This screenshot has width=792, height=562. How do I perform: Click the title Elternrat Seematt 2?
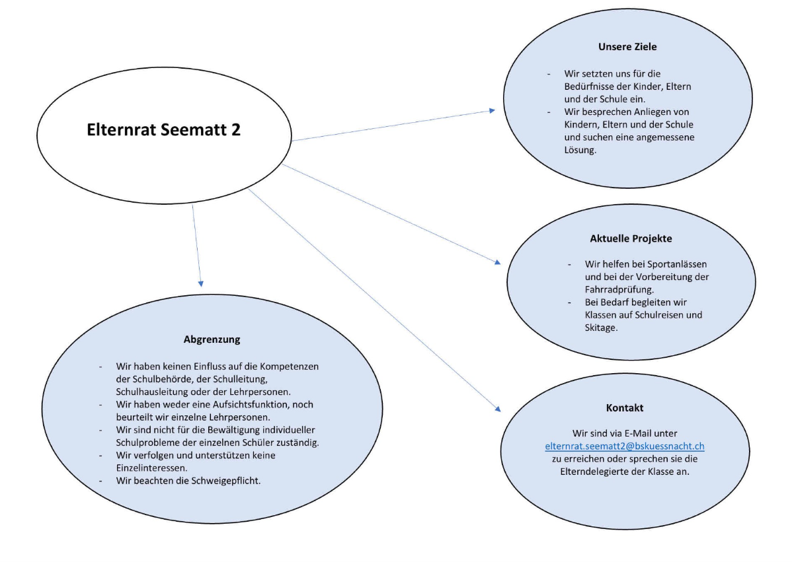(164, 129)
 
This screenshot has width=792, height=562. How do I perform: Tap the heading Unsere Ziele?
(627, 47)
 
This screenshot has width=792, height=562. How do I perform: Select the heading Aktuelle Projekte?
(631, 238)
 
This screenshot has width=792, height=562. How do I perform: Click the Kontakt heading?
(624, 407)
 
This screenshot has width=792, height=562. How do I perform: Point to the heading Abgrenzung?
(212, 339)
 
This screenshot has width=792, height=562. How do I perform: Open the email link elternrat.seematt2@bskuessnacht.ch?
(624, 446)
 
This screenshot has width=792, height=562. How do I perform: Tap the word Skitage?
(601, 328)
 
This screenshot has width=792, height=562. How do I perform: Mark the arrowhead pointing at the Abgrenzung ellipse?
(200, 284)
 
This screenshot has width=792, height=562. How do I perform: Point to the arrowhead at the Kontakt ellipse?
(498, 409)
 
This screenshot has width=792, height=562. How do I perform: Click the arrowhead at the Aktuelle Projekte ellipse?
(498, 262)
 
